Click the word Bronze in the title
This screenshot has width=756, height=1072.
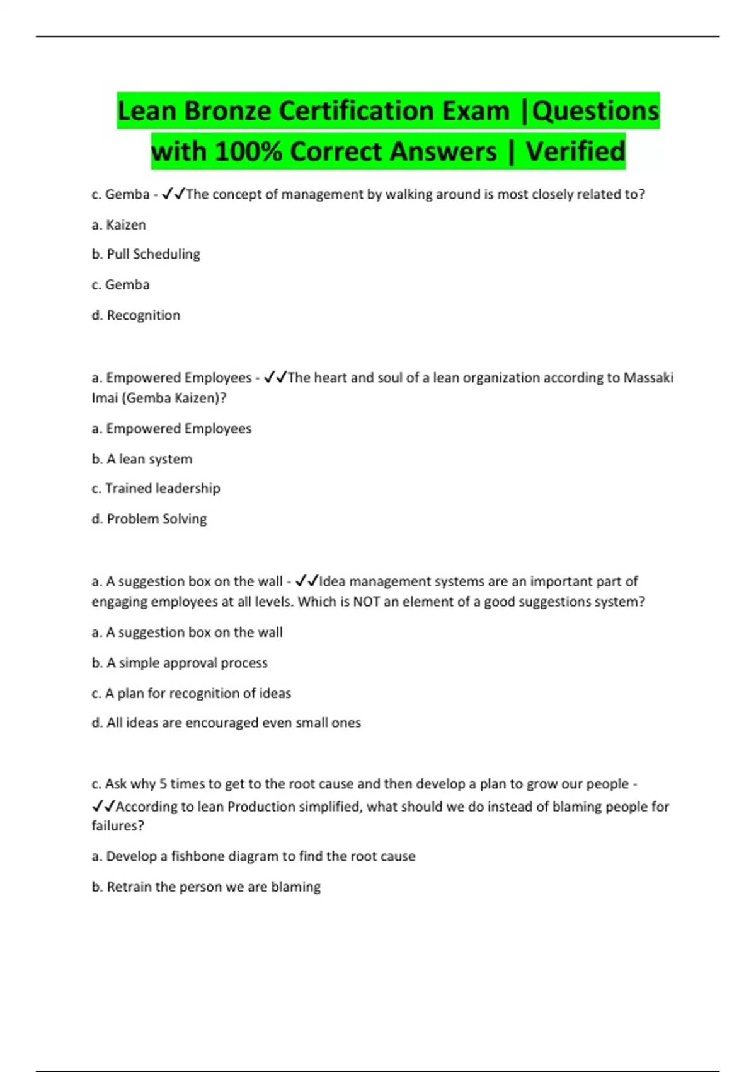pos(227,111)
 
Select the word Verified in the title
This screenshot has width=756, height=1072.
pos(575,152)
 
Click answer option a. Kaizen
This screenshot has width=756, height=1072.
pos(118,225)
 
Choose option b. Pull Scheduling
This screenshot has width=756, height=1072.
pos(146,254)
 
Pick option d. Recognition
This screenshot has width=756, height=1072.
pos(135,315)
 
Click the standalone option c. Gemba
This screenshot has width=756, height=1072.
pos(120,285)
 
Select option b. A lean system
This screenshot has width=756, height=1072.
pos(142,459)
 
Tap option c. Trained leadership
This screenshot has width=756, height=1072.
pos(156,489)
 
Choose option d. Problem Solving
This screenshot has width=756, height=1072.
pos(149,519)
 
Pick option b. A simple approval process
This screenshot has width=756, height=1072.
pos(180,663)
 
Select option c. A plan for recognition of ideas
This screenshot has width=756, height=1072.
pos(191,694)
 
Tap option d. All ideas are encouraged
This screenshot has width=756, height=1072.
pos(226,723)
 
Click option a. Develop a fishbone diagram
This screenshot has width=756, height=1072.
pos(253,856)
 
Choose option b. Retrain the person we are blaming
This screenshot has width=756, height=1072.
pos(206,887)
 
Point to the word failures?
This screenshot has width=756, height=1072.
pos(118,826)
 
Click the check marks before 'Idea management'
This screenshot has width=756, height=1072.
pos(307,581)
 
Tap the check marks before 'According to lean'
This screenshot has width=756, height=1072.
pos(103,806)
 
